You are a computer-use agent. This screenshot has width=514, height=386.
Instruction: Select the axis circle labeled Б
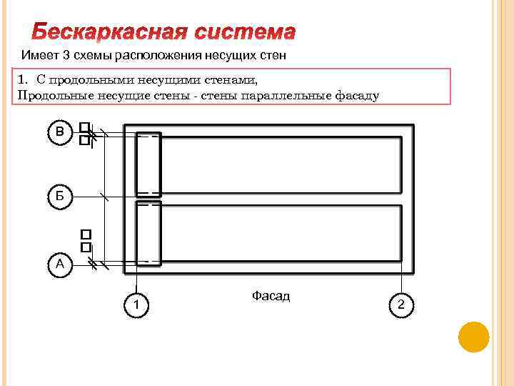pos(60,196)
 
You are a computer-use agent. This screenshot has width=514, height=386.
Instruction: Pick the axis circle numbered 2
pos(401,306)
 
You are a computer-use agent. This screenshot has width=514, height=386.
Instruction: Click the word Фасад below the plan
pos(271,295)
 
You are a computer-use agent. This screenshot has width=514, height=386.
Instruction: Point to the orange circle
pos(473,337)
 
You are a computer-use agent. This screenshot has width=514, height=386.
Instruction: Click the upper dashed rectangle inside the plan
pos(148,164)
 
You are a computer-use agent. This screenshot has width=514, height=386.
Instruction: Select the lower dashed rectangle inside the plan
pos(148,232)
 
